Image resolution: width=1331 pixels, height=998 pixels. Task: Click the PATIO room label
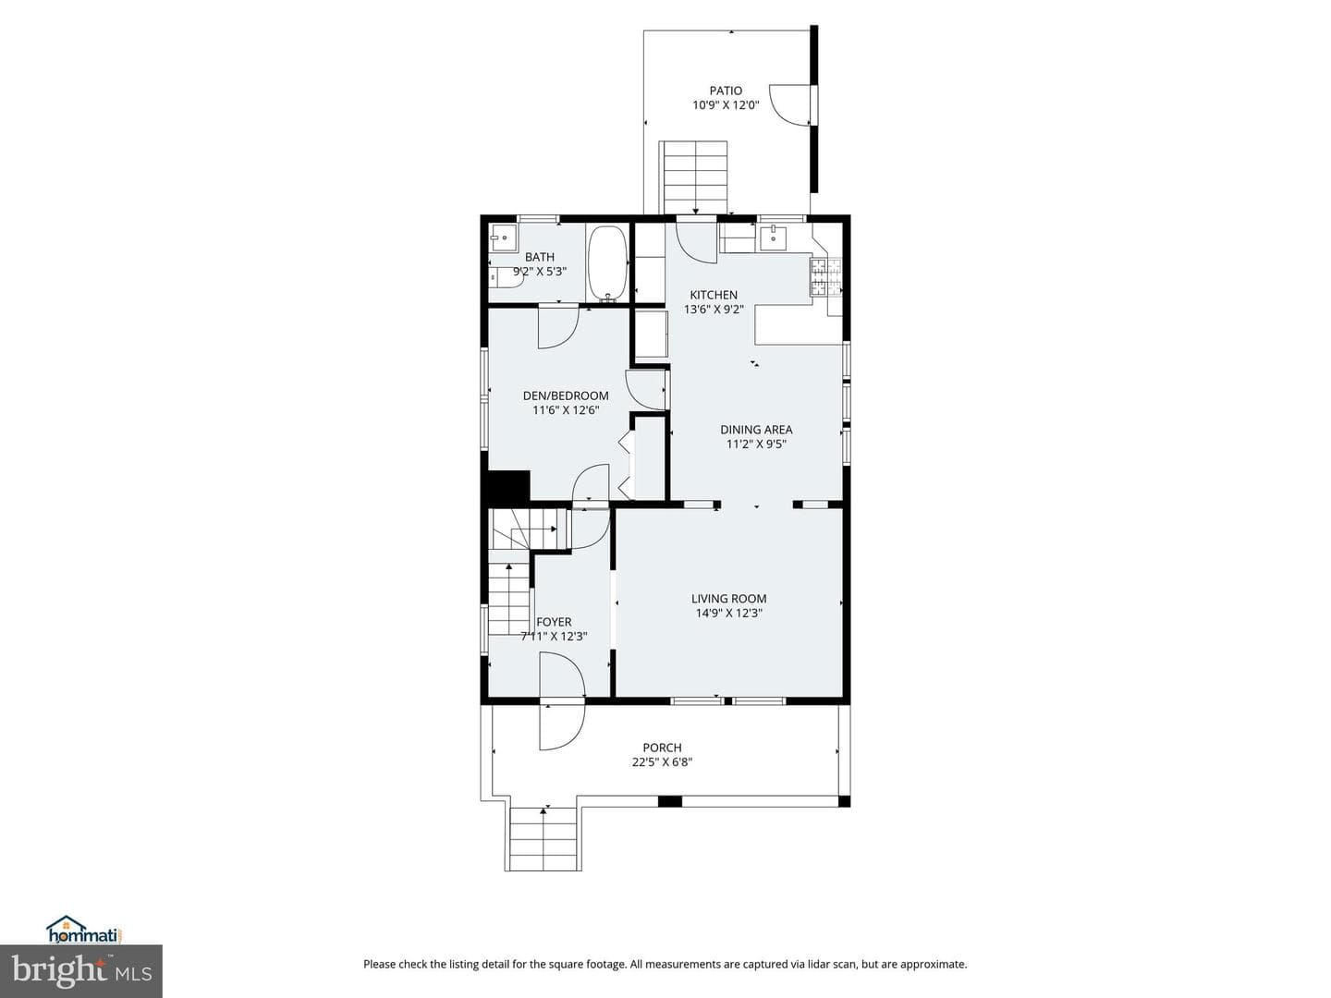tap(726, 91)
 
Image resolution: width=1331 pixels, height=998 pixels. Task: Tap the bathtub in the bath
tap(607, 263)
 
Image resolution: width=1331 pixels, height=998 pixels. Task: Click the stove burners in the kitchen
tap(826, 276)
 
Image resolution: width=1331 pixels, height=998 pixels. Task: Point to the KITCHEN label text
tap(714, 295)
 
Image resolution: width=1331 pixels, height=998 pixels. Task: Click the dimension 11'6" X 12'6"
tap(566, 410)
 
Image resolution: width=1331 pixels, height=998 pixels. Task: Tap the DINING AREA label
tap(756, 430)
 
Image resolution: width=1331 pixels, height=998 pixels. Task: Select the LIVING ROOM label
tap(729, 599)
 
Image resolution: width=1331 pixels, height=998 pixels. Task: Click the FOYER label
tap(554, 622)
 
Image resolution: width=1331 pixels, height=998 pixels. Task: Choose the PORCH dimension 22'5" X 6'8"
tap(662, 762)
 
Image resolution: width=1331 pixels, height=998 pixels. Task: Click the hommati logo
tap(85, 931)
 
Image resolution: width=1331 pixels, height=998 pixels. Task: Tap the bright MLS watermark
tap(81, 971)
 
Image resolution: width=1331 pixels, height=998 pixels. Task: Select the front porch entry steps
tap(543, 839)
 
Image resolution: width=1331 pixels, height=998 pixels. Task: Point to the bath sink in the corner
tap(504, 237)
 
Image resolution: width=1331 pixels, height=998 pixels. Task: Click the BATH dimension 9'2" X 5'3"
tap(540, 272)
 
